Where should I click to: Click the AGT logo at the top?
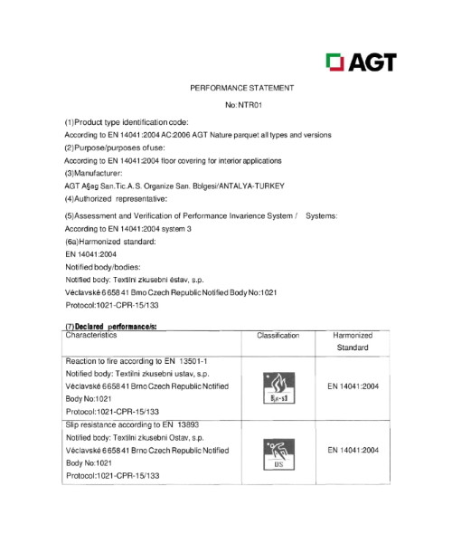[x=360, y=62]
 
